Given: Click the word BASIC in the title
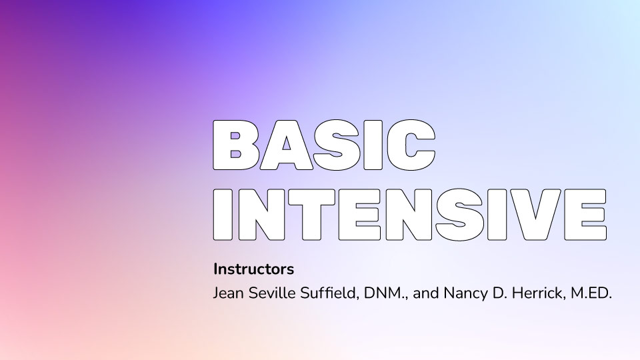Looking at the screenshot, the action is pos(325,145).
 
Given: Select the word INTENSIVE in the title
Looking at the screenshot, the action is pos(410,214).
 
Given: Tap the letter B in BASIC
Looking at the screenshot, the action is pos(236,145).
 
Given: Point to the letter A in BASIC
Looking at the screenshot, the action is pos(287,145).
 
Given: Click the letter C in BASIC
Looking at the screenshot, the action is pos(411,145).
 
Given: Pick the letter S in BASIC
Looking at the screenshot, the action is pos(337,145).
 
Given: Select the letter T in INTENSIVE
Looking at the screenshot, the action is pos(312,214).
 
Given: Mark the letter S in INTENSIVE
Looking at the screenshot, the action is pos(459,214).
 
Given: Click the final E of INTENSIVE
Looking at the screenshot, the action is pos(586,214).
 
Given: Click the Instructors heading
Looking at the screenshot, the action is pos(253,269).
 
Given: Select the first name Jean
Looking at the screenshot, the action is pos(229,293).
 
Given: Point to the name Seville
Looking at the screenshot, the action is pos(272,293).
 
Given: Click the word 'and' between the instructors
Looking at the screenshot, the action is pos(426,293).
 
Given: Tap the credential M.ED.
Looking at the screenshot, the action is pos(591,293).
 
